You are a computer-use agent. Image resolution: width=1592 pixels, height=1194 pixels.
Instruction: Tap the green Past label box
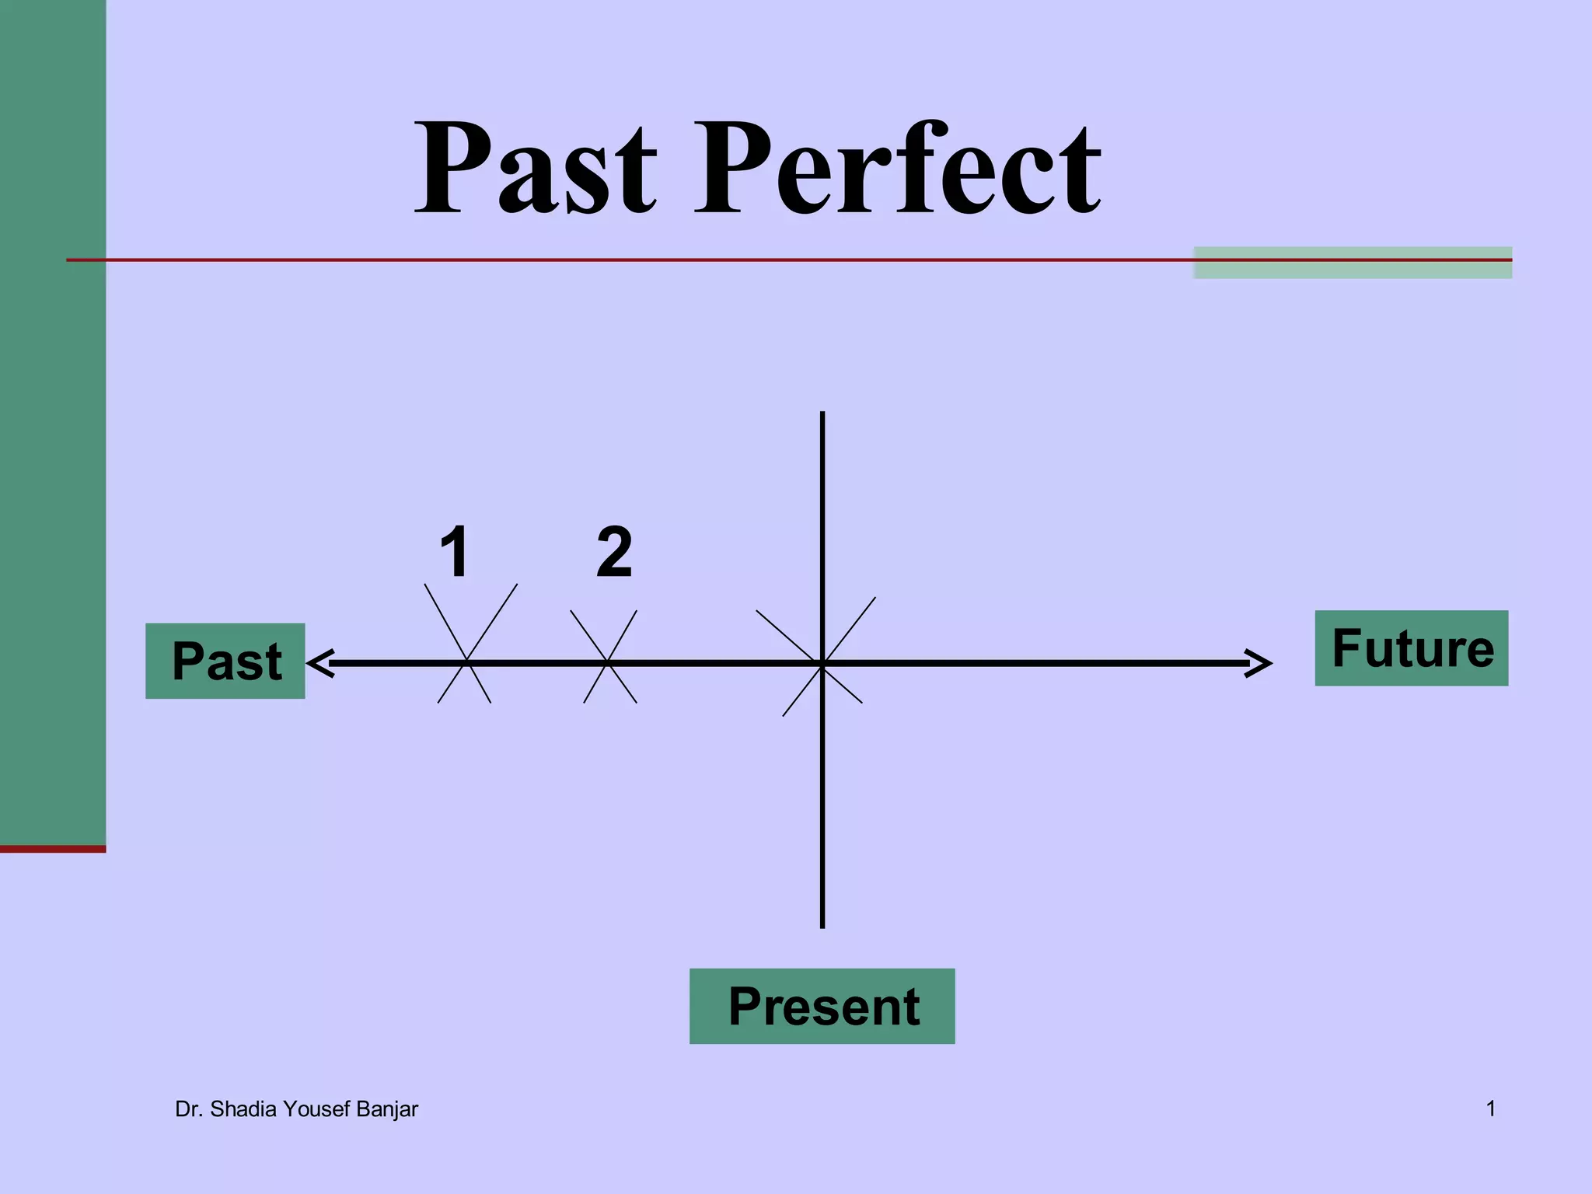225,661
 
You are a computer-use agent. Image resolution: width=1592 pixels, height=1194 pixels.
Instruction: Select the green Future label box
1411,648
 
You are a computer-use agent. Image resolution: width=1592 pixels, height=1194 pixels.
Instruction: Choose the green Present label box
822,1006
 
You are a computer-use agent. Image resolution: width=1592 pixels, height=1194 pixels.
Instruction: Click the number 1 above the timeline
455,552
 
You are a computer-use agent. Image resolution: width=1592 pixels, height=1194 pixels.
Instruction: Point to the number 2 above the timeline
614,552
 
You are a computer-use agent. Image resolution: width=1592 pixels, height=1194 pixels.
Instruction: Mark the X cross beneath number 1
466,662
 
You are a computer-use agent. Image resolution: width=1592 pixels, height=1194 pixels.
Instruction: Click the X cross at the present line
822,663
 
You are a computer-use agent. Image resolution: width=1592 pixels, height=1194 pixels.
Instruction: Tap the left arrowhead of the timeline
320,663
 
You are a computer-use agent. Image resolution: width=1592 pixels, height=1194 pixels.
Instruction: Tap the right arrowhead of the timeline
1259,663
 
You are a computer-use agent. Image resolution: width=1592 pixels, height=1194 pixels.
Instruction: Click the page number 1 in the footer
1491,1108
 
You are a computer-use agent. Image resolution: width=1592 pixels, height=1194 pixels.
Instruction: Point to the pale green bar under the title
1353,263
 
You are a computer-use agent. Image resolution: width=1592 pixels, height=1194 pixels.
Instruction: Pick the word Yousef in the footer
317,1109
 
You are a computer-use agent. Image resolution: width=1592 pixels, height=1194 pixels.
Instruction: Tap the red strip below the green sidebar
53,849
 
